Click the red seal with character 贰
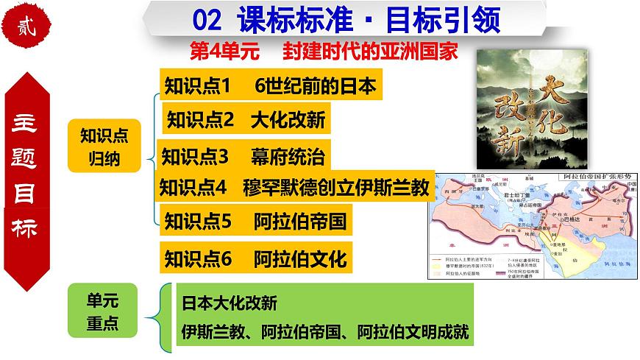point(29,27)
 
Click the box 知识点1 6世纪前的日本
point(271,86)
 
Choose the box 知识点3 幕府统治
point(243,156)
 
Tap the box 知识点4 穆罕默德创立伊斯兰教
point(294,187)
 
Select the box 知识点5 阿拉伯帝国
point(255,219)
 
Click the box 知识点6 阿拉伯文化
point(255,258)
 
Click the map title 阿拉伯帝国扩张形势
point(597,177)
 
